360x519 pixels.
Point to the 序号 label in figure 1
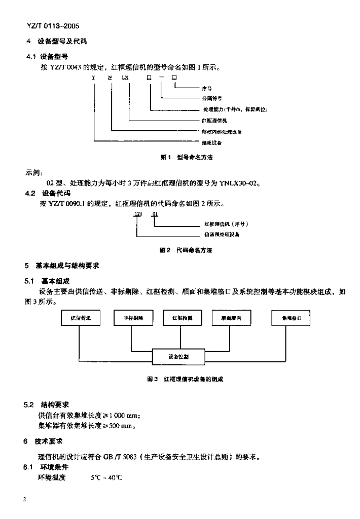[x=206, y=88]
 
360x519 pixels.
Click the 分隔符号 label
[x=211, y=99]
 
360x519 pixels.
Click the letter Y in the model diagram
[x=93, y=78]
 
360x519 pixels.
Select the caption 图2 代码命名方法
[x=186, y=250]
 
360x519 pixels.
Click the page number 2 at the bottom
[x=24, y=499]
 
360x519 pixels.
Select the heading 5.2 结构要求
[x=48, y=405]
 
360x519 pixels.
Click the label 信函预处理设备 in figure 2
[x=222, y=235]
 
